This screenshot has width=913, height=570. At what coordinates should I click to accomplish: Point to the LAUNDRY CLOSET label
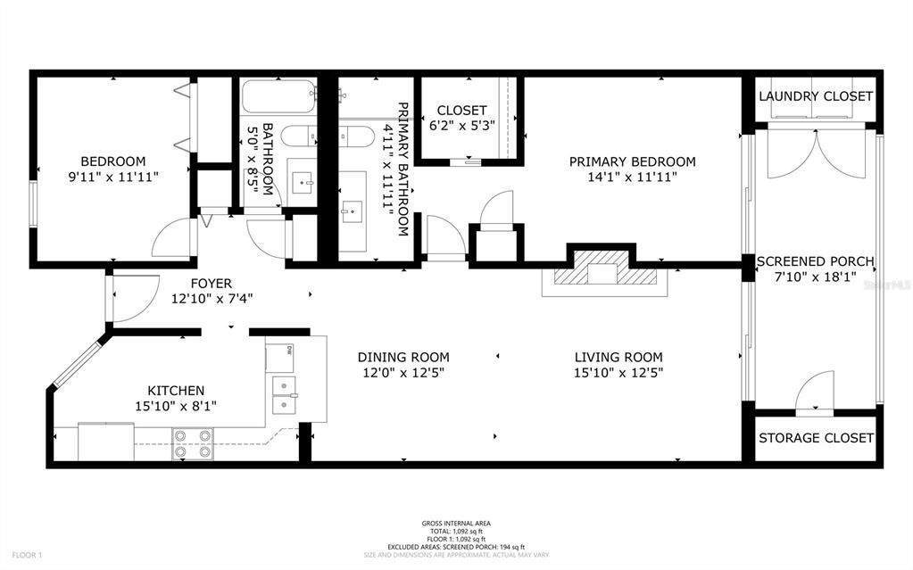[815, 96]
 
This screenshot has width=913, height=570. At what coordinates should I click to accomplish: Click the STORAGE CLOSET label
[816, 438]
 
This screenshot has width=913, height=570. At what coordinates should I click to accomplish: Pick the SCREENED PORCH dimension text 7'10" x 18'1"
[815, 277]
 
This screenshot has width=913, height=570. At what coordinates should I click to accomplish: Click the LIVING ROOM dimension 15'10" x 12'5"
[618, 373]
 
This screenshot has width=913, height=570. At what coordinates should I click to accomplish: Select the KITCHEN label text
[176, 391]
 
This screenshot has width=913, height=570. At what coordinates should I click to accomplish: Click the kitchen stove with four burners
[193, 443]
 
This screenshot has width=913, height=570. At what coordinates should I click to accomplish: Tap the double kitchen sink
[285, 395]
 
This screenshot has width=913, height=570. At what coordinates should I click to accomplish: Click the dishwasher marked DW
[278, 356]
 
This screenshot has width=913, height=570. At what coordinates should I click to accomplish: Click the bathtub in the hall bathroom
[278, 95]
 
